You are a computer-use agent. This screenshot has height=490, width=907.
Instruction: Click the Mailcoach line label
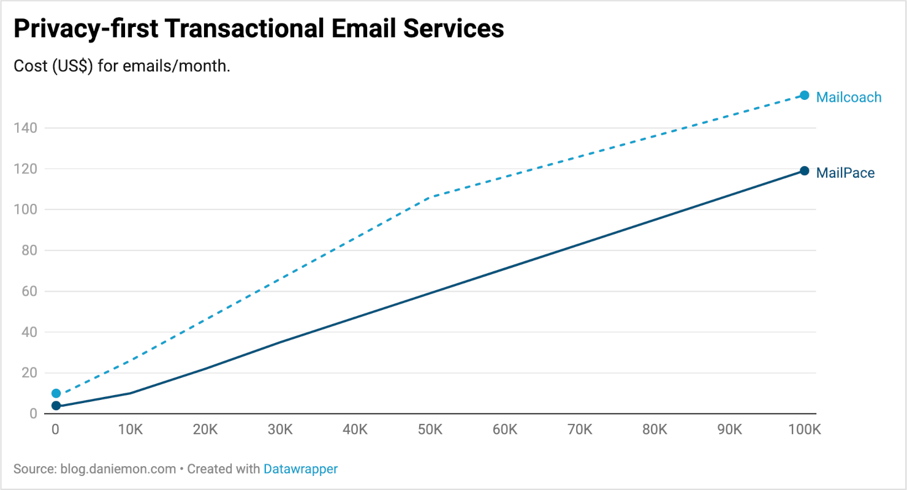[848, 97]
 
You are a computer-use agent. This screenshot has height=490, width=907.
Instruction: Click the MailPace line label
[845, 173]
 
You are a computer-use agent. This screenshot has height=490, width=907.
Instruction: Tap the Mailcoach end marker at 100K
[804, 96]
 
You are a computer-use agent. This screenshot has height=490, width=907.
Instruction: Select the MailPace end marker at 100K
[804, 171]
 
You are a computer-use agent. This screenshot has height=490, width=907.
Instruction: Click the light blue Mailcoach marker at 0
[56, 393]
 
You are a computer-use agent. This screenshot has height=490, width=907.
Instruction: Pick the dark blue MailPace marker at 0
[56, 405]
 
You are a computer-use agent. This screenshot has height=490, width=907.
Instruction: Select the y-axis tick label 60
[29, 292]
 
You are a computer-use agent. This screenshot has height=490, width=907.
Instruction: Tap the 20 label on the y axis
[29, 373]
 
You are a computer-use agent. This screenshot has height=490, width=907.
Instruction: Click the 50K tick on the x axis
[430, 430]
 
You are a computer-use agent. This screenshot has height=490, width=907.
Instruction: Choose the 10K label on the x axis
[131, 430]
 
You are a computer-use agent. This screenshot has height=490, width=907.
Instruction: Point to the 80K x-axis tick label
[655, 430]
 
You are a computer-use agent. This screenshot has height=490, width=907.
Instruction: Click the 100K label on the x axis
[803, 430]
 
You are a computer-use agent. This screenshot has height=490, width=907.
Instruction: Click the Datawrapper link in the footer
[300, 469]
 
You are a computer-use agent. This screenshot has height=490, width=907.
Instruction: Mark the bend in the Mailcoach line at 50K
[433, 197]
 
